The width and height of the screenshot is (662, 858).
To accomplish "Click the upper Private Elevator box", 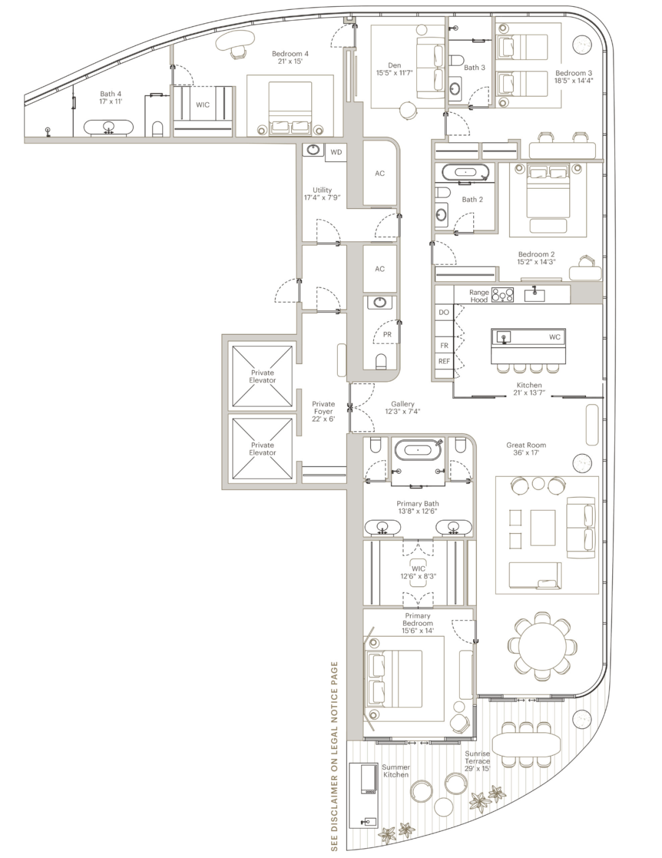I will pyautogui.click(x=262, y=376).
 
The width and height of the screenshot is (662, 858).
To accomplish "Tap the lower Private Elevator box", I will pyautogui.click(x=262, y=449).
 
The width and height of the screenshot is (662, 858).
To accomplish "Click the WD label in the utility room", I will pyautogui.click(x=336, y=152).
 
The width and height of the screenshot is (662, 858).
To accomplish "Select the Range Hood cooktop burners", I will pyautogui.click(x=503, y=295).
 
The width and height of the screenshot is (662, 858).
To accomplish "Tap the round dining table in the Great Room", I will pyautogui.click(x=542, y=645).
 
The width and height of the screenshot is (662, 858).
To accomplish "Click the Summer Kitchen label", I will pyautogui.click(x=396, y=771).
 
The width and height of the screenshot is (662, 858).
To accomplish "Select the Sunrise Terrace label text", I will pyautogui.click(x=477, y=761).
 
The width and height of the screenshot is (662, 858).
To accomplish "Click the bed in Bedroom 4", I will pyautogui.click(x=290, y=113).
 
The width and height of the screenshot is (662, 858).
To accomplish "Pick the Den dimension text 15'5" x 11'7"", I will pyautogui.click(x=394, y=73).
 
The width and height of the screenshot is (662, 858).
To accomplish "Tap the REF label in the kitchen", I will pyautogui.click(x=444, y=362).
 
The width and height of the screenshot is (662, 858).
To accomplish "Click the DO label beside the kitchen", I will pyautogui.click(x=444, y=313).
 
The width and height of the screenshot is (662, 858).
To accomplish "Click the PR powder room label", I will pyautogui.click(x=387, y=335).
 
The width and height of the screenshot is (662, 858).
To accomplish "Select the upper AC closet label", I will pyautogui.click(x=379, y=173).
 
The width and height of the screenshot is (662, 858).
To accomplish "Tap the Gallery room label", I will pyautogui.click(x=403, y=404).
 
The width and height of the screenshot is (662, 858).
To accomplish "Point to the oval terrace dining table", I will pyautogui.click(x=526, y=745).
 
